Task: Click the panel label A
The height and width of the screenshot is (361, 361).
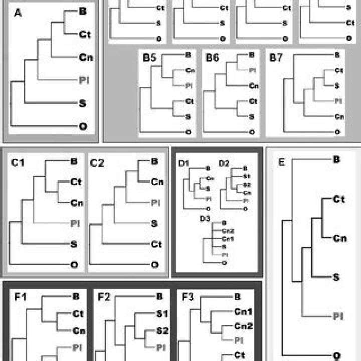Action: click(x=18, y=14)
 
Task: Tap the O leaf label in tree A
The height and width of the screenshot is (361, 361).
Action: click(x=83, y=126)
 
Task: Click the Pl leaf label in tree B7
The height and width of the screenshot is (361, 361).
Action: click(x=338, y=101)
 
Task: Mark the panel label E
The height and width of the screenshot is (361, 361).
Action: click(x=281, y=163)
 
